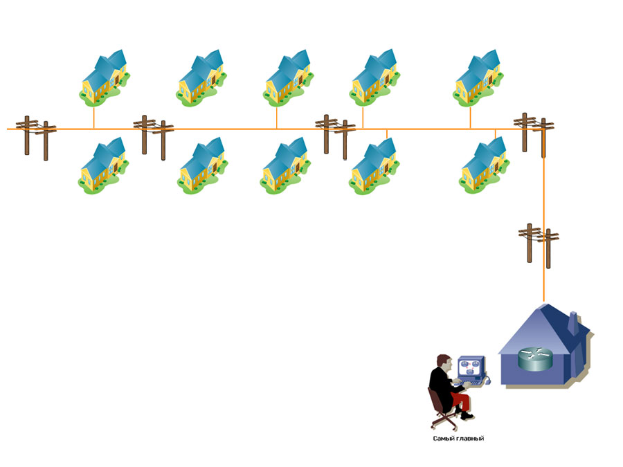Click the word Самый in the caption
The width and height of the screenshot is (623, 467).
point(443,439)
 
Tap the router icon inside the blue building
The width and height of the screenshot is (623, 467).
point(535,358)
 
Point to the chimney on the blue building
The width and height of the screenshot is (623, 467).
point(573,323)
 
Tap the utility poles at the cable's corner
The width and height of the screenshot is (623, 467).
point(534,131)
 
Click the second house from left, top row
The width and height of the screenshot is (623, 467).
point(201,78)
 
